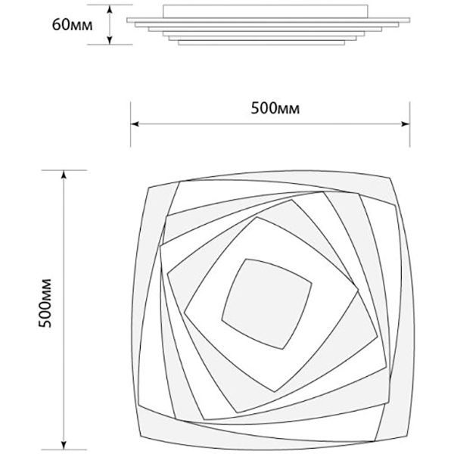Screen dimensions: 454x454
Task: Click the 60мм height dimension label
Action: pos(73,25)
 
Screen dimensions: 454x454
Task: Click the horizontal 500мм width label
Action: pos(275,108)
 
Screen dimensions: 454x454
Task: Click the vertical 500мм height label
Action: pos(45,303)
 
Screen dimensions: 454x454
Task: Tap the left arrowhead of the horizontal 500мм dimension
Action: pos(135,124)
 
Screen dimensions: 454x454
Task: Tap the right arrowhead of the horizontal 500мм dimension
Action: pos(406,124)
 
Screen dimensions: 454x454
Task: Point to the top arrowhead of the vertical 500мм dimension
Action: pos(64,175)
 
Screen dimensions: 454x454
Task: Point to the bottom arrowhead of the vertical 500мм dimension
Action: pos(64,446)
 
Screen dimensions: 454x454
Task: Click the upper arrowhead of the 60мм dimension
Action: pos(110,9)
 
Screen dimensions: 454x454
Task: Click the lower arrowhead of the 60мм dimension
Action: pos(110,41)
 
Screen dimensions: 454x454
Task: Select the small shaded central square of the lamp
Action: pos(266,303)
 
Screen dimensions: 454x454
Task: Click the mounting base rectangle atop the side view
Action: pos(266,11)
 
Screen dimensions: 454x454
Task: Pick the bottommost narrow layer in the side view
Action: pos(262,43)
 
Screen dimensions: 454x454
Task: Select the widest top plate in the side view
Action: pos(269,20)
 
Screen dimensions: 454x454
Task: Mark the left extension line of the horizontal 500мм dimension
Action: pos(131,124)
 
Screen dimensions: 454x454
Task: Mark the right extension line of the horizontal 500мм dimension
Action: pos(409,124)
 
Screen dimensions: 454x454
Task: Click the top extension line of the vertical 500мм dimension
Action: pos(64,170)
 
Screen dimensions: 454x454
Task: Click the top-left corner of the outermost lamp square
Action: pos(149,188)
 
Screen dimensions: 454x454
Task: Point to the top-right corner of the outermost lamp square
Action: pos(390,178)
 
